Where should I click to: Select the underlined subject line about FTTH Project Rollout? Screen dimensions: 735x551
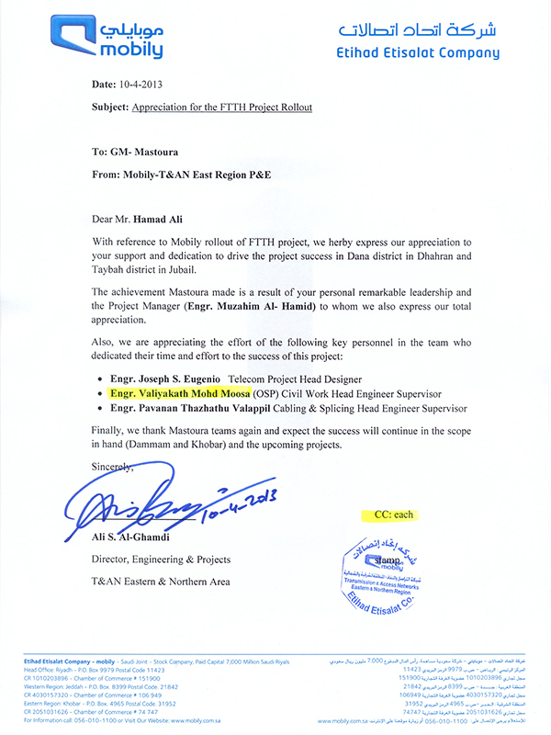pyautogui.click(x=222, y=107)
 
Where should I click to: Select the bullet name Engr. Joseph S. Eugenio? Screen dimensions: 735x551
pyautogui.click(x=167, y=379)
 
